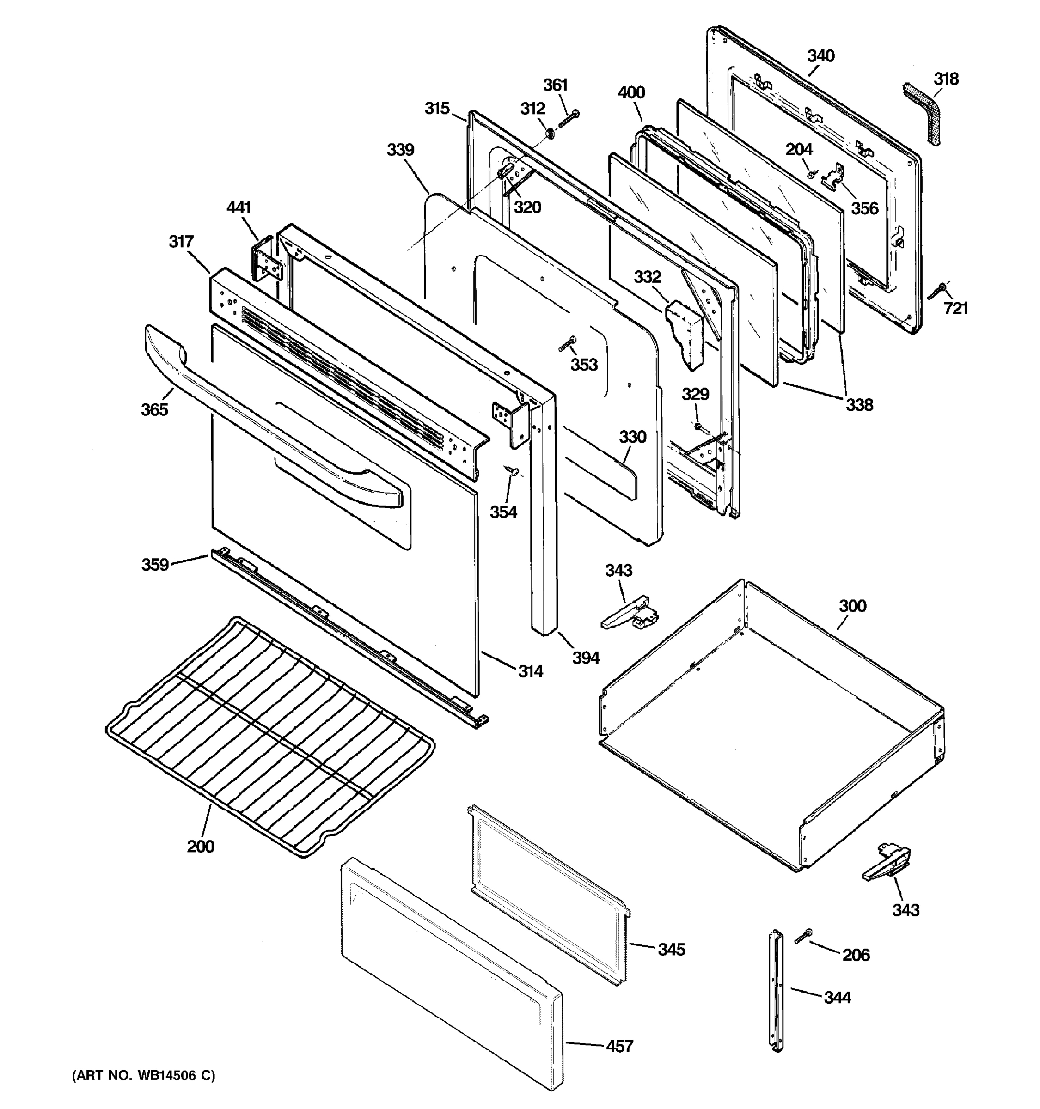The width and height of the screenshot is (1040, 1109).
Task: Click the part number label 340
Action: click(x=821, y=56)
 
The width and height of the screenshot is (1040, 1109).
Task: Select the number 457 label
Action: click(x=619, y=1046)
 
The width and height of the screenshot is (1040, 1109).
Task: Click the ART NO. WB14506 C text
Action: click(x=143, y=1075)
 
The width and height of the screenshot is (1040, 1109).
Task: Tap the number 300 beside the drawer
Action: click(x=852, y=606)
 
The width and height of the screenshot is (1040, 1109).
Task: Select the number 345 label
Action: click(x=671, y=950)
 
